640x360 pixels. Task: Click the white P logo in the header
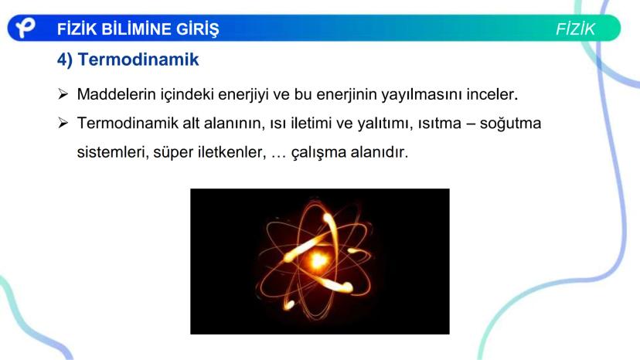[x=25, y=28]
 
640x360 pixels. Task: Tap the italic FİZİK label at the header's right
[x=576, y=29]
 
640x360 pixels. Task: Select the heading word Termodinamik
[x=138, y=59]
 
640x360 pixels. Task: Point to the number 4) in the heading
[x=65, y=60]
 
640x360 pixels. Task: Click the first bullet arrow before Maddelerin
[x=63, y=94]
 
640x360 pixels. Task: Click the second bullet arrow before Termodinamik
[x=63, y=123]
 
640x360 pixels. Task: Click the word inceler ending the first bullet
[x=492, y=94]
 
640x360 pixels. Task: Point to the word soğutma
[x=510, y=124]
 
